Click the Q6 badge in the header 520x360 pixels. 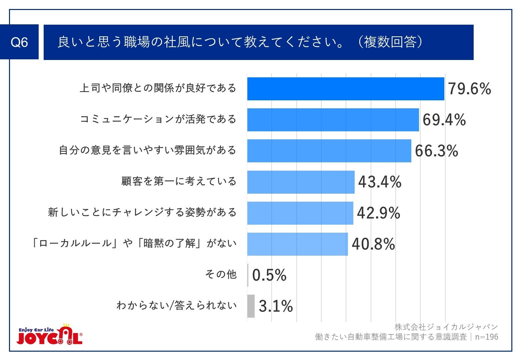[x=19, y=42]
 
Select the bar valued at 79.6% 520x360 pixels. [x=345, y=89]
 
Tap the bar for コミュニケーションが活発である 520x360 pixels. [x=333, y=120]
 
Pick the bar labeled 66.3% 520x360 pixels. [x=329, y=151]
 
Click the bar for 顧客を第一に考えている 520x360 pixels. [x=301, y=182]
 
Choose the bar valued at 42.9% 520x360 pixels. [x=300, y=213]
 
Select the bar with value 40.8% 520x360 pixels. [x=297, y=244]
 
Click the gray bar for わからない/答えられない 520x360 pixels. [x=251, y=306]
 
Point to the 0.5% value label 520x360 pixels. [x=269, y=275]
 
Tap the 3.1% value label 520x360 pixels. [x=276, y=306]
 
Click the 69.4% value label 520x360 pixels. [x=444, y=120]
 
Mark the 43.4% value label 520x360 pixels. [x=380, y=182]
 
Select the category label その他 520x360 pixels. [x=221, y=274]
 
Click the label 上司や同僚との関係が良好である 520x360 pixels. [x=158, y=88]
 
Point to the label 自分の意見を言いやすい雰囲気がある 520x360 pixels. [x=148, y=150]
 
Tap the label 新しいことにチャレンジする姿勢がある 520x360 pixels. [x=142, y=212]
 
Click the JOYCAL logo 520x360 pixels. [x=50, y=334]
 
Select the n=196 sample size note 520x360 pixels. [x=487, y=337]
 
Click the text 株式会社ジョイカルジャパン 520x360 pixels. [x=446, y=327]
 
